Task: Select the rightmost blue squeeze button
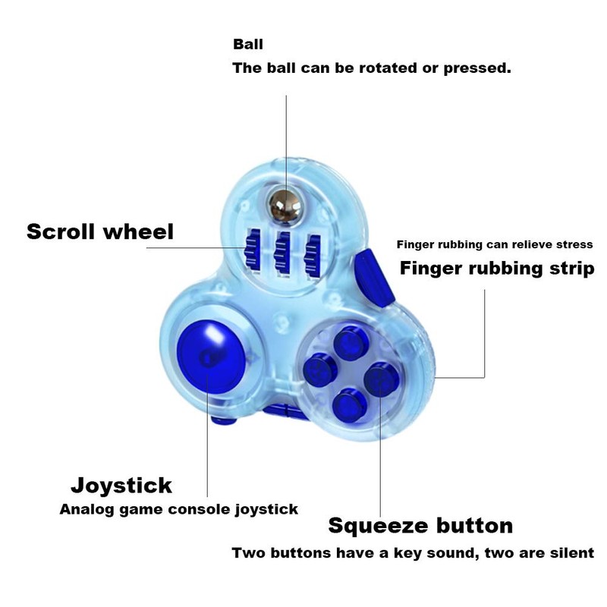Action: click(x=377, y=374)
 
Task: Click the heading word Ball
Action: click(x=248, y=45)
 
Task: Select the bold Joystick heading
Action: click(x=121, y=485)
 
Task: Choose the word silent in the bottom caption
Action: click(x=570, y=553)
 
